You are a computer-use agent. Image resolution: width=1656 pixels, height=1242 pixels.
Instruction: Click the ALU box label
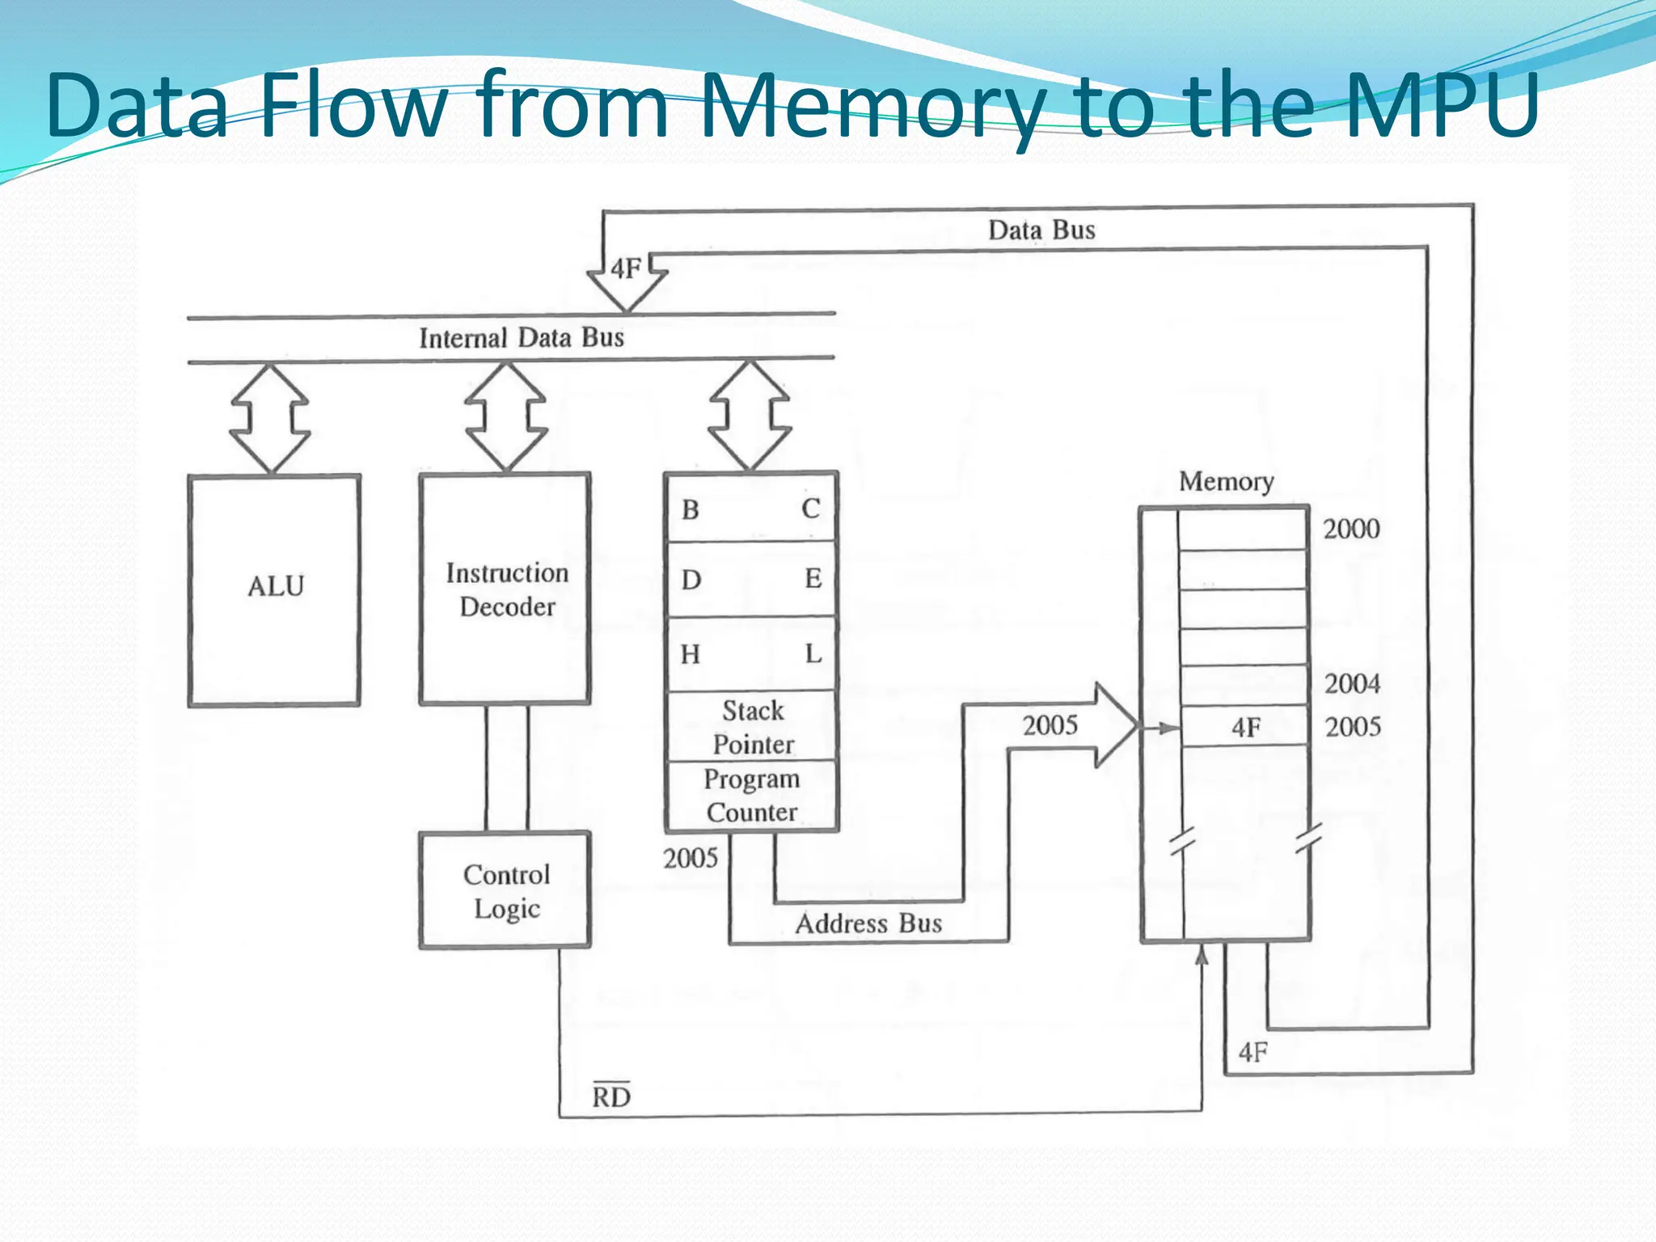pyautogui.click(x=276, y=586)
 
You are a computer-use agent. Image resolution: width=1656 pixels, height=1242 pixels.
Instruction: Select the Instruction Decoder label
pyautogui.click(x=507, y=589)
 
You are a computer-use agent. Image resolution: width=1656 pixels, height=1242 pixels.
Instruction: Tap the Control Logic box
pyautogui.click(x=506, y=891)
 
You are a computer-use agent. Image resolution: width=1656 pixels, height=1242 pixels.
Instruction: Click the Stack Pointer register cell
pyautogui.click(x=752, y=727)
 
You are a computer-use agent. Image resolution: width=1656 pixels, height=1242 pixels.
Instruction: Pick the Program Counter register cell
pyautogui.click(x=752, y=796)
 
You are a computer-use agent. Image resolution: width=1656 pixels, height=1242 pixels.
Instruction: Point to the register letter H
pyautogui.click(x=690, y=654)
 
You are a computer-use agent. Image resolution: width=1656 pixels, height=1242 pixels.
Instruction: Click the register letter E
pyautogui.click(x=813, y=579)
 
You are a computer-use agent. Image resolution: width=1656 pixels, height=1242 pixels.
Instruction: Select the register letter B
pyautogui.click(x=690, y=510)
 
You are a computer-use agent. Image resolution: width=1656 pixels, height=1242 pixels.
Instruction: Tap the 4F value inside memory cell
pyautogui.click(x=1245, y=728)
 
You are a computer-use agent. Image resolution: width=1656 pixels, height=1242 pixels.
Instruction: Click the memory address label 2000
pyautogui.click(x=1351, y=530)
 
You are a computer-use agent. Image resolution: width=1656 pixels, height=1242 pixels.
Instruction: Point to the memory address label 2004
pyautogui.click(x=1352, y=684)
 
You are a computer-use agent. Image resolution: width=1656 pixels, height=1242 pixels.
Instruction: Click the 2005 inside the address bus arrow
pyautogui.click(x=1050, y=725)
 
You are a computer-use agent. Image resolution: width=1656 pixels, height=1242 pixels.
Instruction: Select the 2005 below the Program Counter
pyautogui.click(x=691, y=858)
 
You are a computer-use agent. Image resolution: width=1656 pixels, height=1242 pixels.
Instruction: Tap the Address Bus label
pyautogui.click(x=868, y=923)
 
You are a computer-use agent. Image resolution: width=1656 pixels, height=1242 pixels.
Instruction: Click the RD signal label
pyautogui.click(x=611, y=1096)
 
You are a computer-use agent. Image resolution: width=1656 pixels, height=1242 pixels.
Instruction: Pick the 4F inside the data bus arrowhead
pyautogui.click(x=625, y=268)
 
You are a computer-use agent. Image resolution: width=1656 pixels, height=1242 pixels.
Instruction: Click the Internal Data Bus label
pyautogui.click(x=522, y=338)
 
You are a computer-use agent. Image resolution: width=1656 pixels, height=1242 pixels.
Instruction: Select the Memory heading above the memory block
pyautogui.click(x=1226, y=482)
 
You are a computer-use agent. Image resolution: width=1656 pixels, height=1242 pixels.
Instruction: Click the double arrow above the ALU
pyautogui.click(x=270, y=418)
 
